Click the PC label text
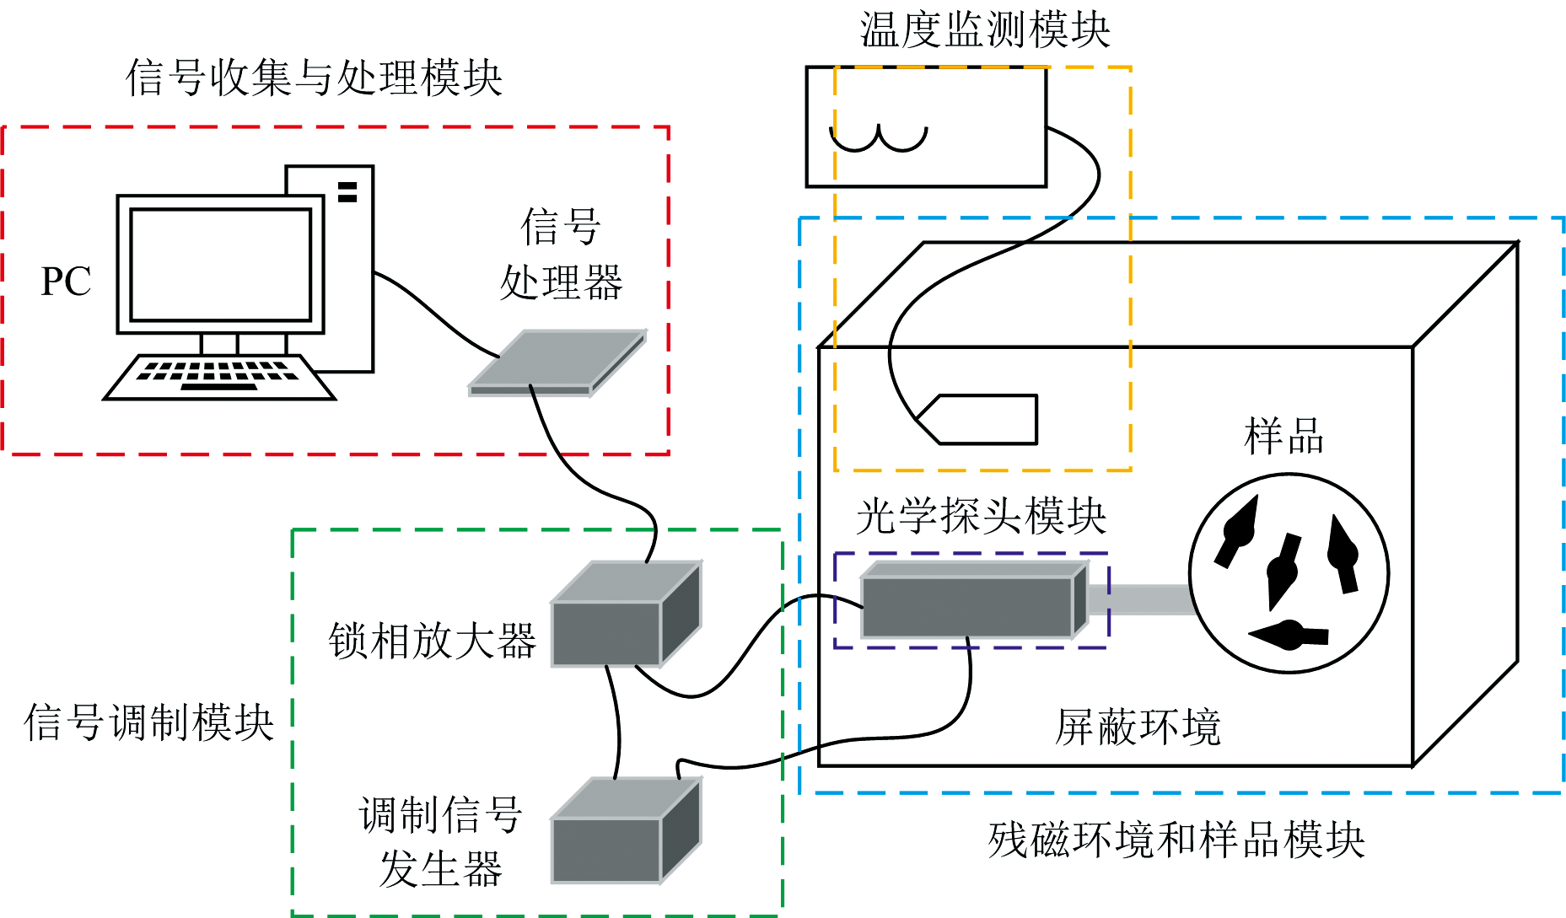tap(66, 282)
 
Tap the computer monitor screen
tap(221, 265)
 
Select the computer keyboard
tap(219, 377)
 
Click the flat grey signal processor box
tap(557, 362)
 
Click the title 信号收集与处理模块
tap(314, 78)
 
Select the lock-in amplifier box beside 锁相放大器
tap(625, 615)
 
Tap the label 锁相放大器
tap(432, 642)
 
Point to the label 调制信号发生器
tap(441, 841)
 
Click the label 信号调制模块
tap(149, 723)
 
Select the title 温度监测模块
tap(984, 30)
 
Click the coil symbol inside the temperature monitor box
tap(879, 137)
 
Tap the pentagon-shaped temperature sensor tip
tap(978, 419)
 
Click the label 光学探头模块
tap(981, 516)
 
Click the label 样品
tap(1283, 437)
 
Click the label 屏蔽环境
tap(1138, 727)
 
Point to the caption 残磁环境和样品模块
tap(1176, 840)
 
